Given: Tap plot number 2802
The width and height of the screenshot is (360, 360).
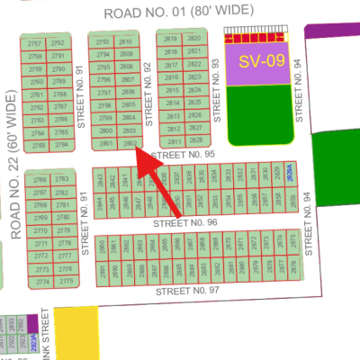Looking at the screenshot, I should tap(129, 143).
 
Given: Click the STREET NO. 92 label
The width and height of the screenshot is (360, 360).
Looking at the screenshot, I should tap(148, 94).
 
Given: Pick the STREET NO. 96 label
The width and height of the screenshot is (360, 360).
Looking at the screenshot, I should tap(186, 222).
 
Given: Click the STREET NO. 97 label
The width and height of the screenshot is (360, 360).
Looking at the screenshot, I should tap(186, 291).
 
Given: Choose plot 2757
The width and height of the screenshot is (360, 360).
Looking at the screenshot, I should tap(36, 43).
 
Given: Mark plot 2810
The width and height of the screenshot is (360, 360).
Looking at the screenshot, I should tap(125, 42).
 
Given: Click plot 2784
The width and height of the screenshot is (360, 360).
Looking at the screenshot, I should tap(60, 144).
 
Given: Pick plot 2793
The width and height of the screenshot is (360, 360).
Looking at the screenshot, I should tap(103, 42).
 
